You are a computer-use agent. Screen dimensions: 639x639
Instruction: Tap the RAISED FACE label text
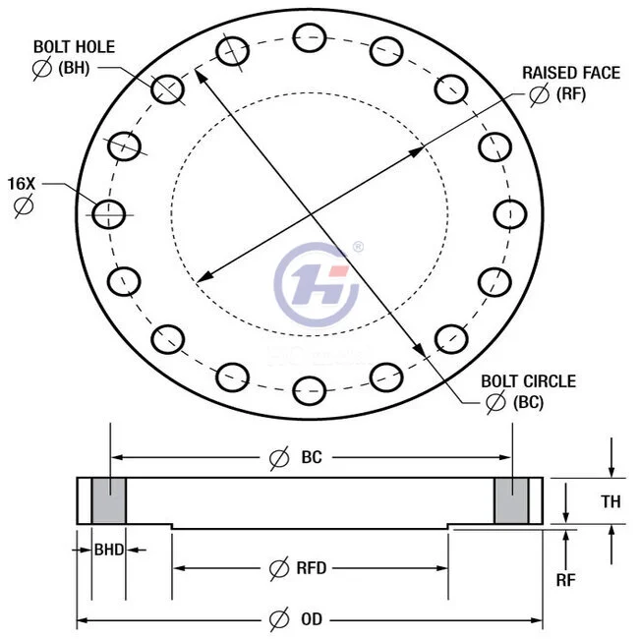[570, 73]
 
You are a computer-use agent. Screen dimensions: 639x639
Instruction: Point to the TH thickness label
[610, 501]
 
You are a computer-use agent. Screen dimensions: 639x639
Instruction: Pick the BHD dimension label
[108, 550]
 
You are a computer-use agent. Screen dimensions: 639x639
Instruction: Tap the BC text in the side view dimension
[311, 457]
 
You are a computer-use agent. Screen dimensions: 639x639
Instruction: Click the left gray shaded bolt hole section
[108, 500]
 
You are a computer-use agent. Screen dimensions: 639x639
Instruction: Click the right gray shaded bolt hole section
[510, 500]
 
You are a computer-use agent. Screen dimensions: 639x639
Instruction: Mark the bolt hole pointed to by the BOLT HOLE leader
[167, 88]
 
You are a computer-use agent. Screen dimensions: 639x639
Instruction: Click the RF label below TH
[565, 580]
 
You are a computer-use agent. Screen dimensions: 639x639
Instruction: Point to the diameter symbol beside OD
[279, 618]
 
